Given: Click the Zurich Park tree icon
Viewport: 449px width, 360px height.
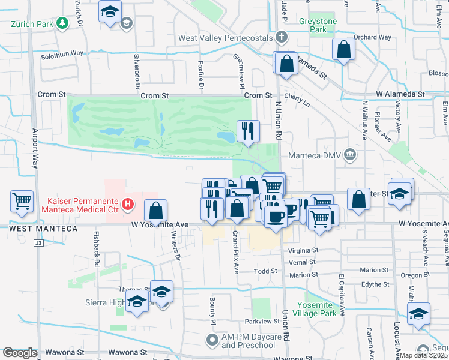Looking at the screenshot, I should pos(62,23).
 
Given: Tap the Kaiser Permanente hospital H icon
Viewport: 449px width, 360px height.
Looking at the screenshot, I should pos(127,205).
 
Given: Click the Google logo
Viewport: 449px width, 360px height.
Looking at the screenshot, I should pos(20,353).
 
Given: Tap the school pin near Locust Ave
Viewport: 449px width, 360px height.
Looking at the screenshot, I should pos(418,314).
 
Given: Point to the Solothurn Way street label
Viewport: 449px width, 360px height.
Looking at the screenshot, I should pos(62,54).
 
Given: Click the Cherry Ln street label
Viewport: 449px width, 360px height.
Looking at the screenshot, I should pos(298,103).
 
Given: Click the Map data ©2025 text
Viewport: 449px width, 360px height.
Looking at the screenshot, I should pos(423,355).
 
